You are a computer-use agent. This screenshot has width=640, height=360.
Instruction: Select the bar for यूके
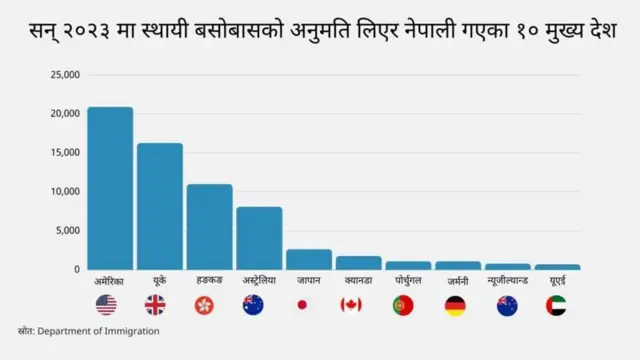tap(160, 206)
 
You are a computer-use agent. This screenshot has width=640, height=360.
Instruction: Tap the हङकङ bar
tap(209, 227)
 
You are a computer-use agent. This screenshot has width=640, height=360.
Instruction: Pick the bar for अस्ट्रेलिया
tap(259, 238)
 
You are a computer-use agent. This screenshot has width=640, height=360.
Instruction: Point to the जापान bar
tap(309, 260)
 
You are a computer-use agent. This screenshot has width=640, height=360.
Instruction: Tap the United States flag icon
tap(107, 305)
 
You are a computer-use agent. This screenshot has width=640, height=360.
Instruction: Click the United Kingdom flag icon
tap(157, 305)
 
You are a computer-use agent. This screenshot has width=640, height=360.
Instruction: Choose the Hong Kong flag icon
tap(206, 305)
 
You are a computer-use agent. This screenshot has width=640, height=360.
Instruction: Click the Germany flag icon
tap(455, 305)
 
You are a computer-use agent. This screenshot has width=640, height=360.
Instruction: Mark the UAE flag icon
tap(556, 305)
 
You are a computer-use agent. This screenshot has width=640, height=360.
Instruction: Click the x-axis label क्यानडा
tap(357, 281)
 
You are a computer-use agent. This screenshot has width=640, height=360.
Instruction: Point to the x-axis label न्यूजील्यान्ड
tap(508, 281)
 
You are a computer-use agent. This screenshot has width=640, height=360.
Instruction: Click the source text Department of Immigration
tap(99, 331)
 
